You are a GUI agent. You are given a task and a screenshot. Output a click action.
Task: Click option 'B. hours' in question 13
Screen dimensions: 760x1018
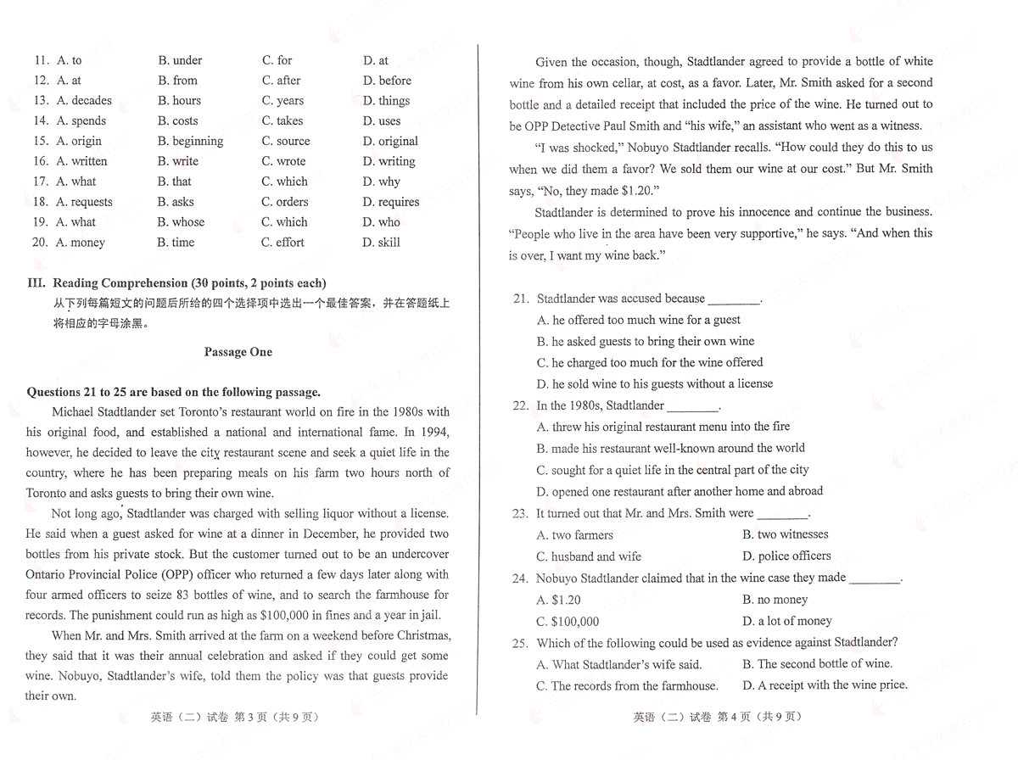[x=179, y=101]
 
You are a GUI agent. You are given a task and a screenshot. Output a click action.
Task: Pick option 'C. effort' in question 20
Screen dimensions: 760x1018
[x=282, y=243]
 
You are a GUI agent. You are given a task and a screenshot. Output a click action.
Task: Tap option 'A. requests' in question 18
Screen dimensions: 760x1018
[x=84, y=202]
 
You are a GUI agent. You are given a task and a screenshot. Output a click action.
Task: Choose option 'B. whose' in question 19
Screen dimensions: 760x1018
[x=181, y=222]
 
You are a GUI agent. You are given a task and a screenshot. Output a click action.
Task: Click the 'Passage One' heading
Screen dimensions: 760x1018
[x=238, y=352]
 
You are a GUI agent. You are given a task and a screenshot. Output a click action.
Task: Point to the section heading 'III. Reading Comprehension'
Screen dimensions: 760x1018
[x=176, y=283]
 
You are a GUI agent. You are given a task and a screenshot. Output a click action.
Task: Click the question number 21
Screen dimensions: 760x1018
[x=520, y=299]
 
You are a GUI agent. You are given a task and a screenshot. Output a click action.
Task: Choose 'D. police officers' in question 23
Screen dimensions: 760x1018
[x=786, y=556]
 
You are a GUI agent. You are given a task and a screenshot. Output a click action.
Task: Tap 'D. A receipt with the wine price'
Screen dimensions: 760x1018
[x=825, y=685]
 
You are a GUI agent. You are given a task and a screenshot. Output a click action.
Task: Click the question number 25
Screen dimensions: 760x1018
[x=520, y=643]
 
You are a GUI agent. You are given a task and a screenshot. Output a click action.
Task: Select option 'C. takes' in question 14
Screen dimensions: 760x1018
[x=282, y=121]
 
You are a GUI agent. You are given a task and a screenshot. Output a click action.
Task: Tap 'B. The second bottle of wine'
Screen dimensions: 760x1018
[x=818, y=664]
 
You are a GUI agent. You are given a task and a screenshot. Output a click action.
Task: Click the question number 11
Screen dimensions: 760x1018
[x=40, y=61]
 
